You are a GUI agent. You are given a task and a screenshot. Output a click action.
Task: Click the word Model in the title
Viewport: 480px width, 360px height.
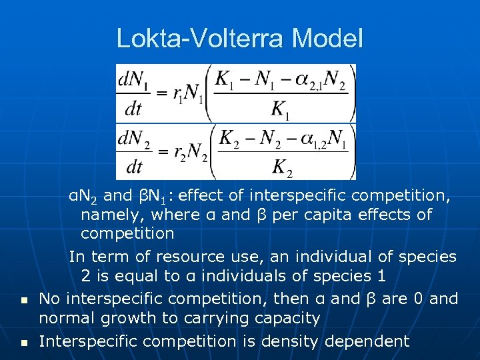[329, 38]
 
